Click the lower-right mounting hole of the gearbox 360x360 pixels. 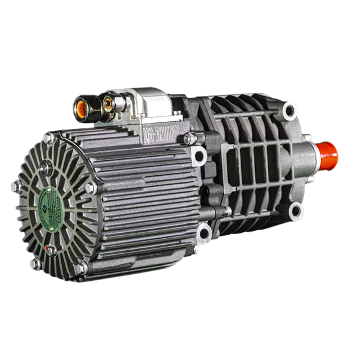(296, 211)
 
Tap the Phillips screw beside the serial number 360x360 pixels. (191, 139)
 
